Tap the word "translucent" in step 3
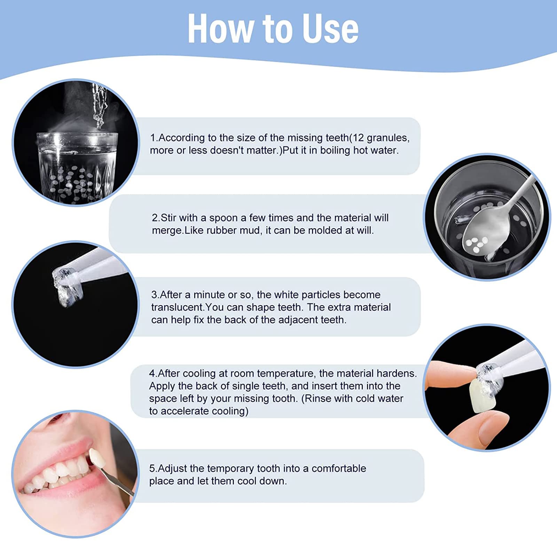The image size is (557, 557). click(x=177, y=307)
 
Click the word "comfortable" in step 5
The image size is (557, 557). click(x=338, y=469)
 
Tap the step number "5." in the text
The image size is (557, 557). click(x=153, y=469)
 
